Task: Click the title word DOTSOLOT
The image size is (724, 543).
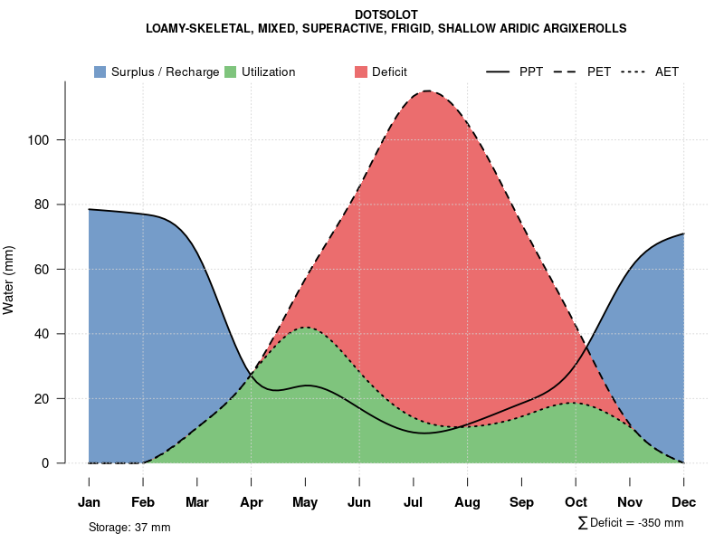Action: pos(386,15)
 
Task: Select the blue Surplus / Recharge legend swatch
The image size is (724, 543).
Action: pos(100,71)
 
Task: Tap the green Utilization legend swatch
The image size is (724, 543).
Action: pos(230,71)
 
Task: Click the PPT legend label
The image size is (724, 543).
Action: pos(531,71)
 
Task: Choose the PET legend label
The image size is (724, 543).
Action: pos(599,71)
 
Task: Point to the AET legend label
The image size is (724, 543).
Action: pos(667,71)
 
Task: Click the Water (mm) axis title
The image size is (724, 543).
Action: pos(9,281)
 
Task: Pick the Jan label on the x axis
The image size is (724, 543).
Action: pos(89,502)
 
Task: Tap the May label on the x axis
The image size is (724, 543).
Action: pos(305,502)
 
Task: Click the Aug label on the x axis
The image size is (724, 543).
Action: pos(467,502)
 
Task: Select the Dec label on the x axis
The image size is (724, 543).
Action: pos(683,502)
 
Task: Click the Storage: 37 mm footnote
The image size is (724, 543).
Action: pos(129,527)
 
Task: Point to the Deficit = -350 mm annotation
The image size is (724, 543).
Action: pos(631,523)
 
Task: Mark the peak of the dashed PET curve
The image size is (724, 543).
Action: pos(426,90)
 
